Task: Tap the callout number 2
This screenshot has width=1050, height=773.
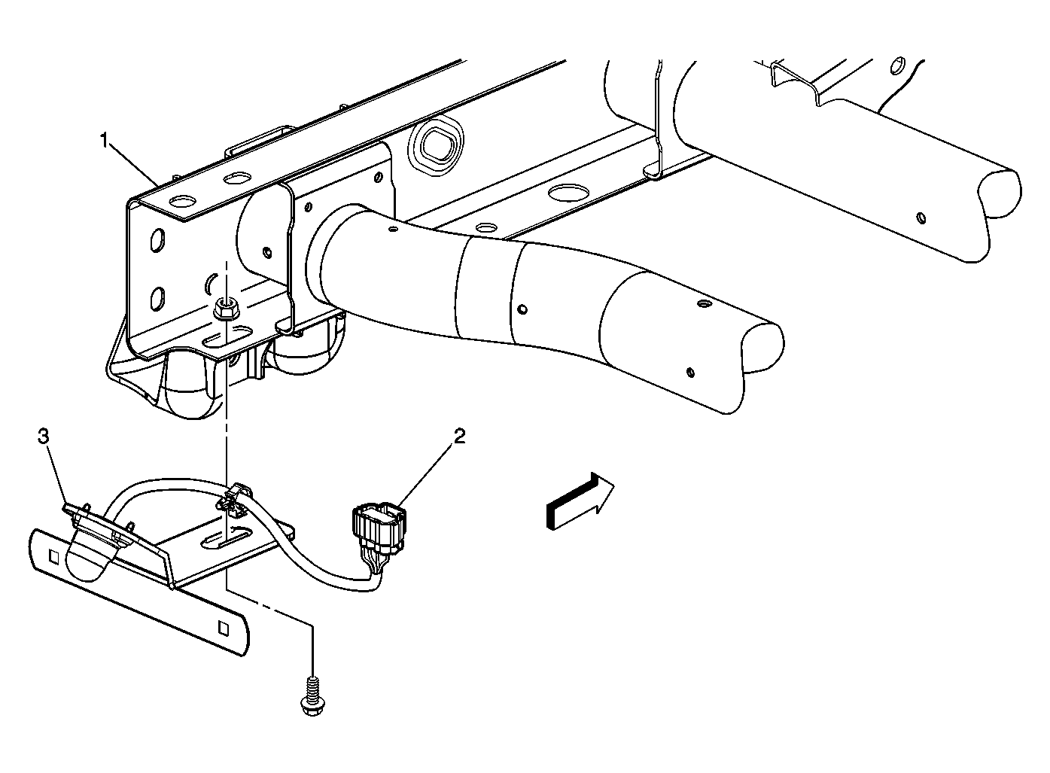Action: pos(459,437)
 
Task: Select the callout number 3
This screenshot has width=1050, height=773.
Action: pos(43,437)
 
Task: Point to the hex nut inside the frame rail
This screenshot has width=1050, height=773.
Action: pos(224,309)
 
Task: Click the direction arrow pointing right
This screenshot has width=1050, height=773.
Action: pos(580,501)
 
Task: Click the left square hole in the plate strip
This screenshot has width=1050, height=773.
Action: pos(53,557)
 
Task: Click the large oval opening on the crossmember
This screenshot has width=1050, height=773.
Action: pos(436,148)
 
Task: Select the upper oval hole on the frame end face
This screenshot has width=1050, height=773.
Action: pos(157,239)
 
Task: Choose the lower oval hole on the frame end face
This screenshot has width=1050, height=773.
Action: pos(157,298)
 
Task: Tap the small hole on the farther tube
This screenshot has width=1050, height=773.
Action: pos(921,218)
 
